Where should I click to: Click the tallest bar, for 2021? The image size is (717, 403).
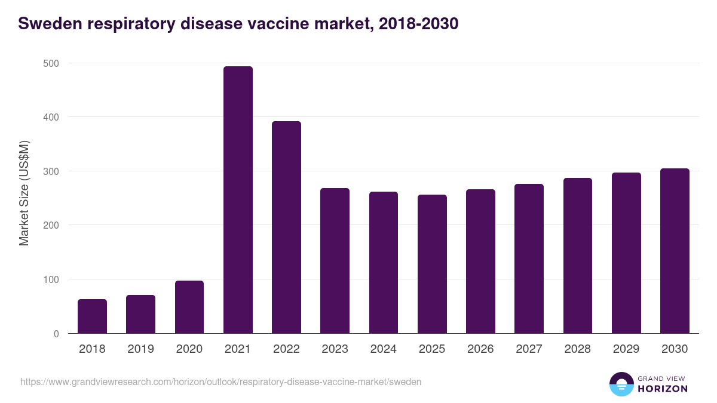coord(238,200)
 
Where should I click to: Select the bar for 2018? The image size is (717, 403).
coord(92,316)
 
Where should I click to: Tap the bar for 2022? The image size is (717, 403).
coord(286,227)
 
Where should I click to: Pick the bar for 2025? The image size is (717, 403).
coord(432,264)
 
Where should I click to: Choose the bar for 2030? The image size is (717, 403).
coord(675,251)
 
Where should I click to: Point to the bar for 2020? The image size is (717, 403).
coord(189,307)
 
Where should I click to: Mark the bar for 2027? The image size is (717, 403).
coord(529,259)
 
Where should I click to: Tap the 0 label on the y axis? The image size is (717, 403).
coord(56,334)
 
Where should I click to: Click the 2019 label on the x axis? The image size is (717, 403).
coord(140,349)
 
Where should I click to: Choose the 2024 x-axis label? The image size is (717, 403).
coord(383,349)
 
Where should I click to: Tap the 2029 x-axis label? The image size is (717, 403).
coord(626,349)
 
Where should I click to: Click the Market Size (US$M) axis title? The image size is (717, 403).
coord(24,193)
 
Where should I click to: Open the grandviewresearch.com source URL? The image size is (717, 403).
coord(220,382)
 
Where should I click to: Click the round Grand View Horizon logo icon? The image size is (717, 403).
coord(621,384)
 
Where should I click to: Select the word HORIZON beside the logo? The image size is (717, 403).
coord(662,389)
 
